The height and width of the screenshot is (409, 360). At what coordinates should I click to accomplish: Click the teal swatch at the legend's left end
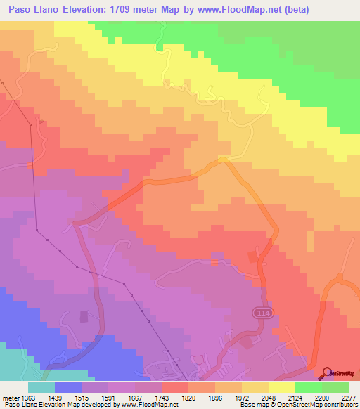(41, 387)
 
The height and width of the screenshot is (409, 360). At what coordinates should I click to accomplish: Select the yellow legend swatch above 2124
(281, 387)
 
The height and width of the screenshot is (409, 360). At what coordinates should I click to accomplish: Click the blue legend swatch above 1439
(68, 387)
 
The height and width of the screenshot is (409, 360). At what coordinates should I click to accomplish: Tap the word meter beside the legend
(10, 398)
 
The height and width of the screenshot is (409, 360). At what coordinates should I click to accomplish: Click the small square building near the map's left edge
(84, 317)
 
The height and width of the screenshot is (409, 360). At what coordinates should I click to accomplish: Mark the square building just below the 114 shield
(247, 343)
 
